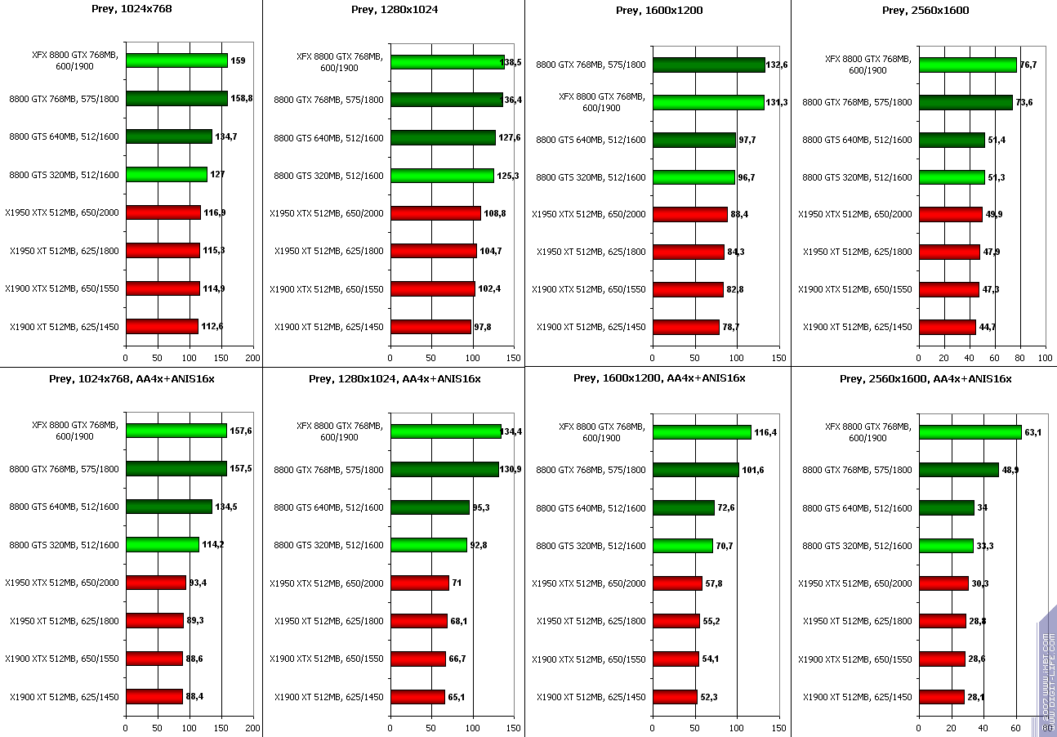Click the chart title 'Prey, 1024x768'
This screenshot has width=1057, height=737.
pyautogui.click(x=131, y=9)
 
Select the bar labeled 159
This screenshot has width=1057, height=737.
pyautogui.click(x=176, y=60)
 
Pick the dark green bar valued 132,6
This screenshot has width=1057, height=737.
pyautogui.click(x=708, y=65)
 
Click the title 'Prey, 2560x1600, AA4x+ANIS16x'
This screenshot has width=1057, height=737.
pyautogui.click(x=925, y=378)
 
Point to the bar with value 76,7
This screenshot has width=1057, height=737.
pyautogui.click(x=967, y=65)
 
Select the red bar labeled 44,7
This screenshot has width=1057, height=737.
pyautogui.click(x=947, y=327)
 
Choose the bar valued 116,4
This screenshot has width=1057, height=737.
pyautogui.click(x=701, y=432)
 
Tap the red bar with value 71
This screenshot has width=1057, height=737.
pyautogui.click(x=420, y=583)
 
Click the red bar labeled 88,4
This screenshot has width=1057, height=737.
pyautogui.click(x=154, y=696)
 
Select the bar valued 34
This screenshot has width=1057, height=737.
pyautogui.click(x=946, y=508)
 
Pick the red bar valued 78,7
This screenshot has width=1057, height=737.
pyautogui.click(x=685, y=327)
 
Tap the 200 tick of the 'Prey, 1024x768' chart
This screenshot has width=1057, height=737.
pyautogui.click(x=253, y=358)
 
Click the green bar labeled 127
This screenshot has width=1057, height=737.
pyautogui.click(x=167, y=174)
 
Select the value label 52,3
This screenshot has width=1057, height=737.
pyautogui.click(x=711, y=697)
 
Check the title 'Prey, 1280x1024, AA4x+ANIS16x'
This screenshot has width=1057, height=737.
pyautogui.click(x=395, y=378)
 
